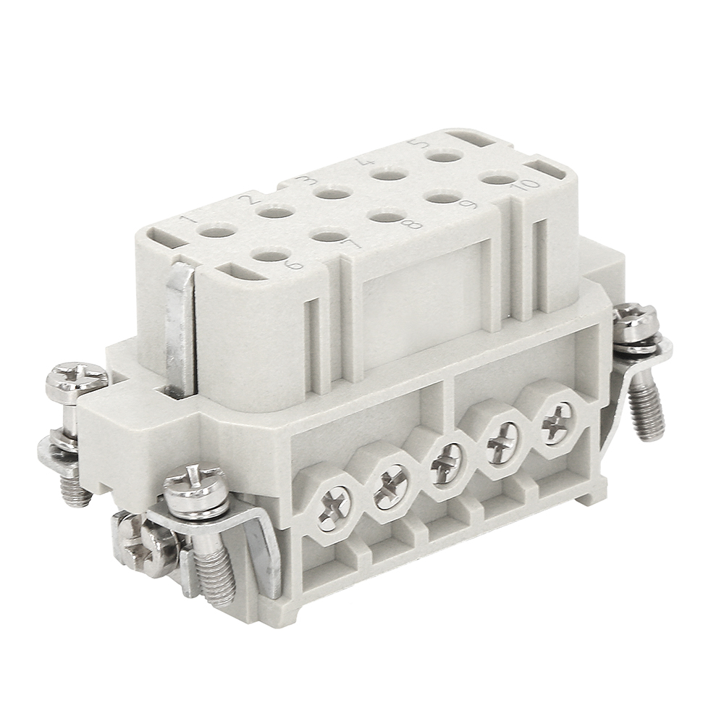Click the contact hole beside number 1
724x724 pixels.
[216, 230]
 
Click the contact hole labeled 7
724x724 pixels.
[328, 234]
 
